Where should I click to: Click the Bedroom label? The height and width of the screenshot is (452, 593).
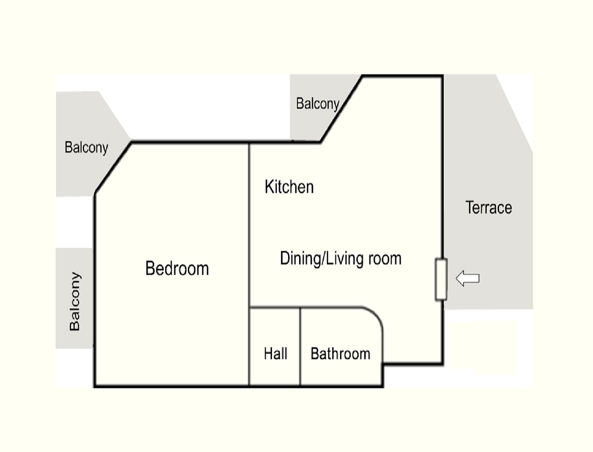point(177,268)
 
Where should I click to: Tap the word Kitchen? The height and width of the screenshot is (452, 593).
point(290,187)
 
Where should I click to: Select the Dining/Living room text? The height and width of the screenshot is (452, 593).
point(341,259)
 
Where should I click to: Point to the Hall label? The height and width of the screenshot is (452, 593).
point(276,354)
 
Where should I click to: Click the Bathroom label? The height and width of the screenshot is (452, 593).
point(340,354)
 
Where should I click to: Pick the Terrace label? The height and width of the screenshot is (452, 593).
point(489,208)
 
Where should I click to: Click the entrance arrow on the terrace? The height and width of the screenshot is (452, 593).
point(468,278)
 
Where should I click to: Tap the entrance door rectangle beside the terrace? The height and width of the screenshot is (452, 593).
point(441,279)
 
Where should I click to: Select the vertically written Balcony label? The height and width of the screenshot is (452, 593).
point(74,301)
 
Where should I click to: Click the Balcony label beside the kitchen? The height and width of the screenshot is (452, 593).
point(317,104)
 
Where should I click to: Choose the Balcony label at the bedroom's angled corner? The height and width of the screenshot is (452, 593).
point(86,147)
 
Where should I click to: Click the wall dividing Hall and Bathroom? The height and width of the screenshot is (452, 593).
point(300,347)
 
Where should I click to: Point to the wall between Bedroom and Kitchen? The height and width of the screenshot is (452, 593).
point(249,225)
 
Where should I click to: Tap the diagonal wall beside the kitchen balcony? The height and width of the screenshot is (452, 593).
point(341,109)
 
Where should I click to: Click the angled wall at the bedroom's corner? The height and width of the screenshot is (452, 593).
point(113,168)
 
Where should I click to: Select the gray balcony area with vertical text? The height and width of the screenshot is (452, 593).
point(74,298)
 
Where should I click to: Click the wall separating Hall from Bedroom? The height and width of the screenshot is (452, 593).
point(249,347)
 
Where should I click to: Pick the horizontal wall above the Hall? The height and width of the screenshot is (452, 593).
point(275,307)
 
